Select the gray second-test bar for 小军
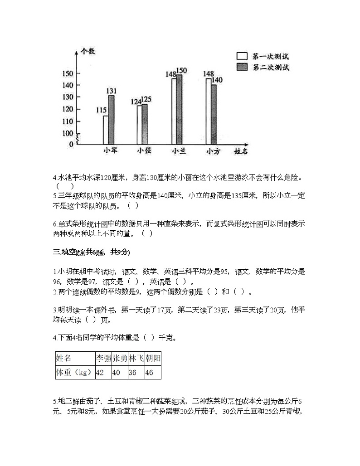point(111,120)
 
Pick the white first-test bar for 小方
point(209,112)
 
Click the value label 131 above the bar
point(112,91)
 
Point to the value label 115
point(102,110)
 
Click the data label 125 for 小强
point(146,99)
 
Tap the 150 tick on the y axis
point(68,73)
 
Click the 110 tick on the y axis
point(68,121)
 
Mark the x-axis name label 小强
point(144,151)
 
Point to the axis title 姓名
point(241,151)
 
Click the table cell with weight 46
point(153,373)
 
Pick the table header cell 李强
point(103,358)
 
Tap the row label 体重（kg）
point(74,373)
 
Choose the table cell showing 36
point(136,373)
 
